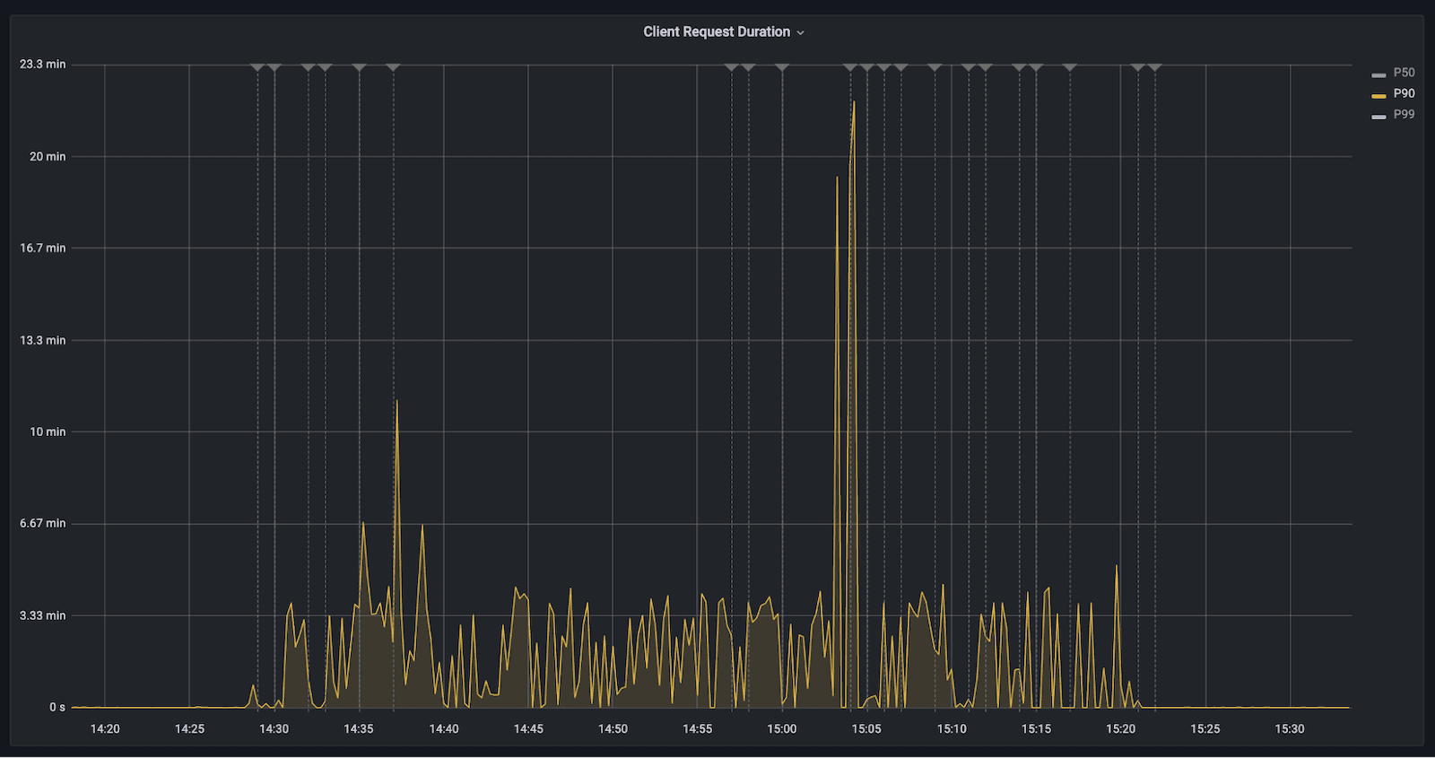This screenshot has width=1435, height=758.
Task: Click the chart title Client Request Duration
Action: click(x=716, y=31)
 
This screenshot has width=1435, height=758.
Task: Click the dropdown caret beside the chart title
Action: click(x=801, y=32)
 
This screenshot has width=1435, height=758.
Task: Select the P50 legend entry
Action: click(x=1404, y=73)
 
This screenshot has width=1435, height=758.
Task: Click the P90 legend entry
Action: click(x=1404, y=93)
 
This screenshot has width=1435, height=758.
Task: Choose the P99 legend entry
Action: click(x=1404, y=114)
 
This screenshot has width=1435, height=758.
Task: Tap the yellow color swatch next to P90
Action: click(x=1378, y=95)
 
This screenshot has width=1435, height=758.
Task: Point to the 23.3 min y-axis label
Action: click(x=42, y=64)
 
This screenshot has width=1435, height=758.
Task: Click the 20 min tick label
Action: click(x=47, y=156)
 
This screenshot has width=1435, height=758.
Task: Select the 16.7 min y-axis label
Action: click(x=42, y=248)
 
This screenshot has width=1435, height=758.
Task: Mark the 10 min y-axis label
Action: click(x=47, y=431)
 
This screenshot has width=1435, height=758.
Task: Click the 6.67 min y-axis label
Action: click(x=42, y=523)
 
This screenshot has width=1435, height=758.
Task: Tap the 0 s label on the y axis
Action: click(x=57, y=707)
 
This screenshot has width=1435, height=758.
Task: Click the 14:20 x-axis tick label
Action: click(x=105, y=728)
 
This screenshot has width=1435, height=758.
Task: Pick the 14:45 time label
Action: click(x=528, y=728)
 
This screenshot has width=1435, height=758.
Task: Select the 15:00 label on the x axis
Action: click(x=781, y=728)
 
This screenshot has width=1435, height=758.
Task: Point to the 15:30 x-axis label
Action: click(x=1289, y=728)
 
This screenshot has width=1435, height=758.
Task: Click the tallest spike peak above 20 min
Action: click(x=854, y=101)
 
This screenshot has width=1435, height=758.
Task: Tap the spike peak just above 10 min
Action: click(x=396, y=401)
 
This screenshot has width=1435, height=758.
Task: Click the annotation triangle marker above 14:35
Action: click(x=359, y=67)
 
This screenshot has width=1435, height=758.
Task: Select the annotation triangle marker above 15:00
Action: click(x=782, y=67)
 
